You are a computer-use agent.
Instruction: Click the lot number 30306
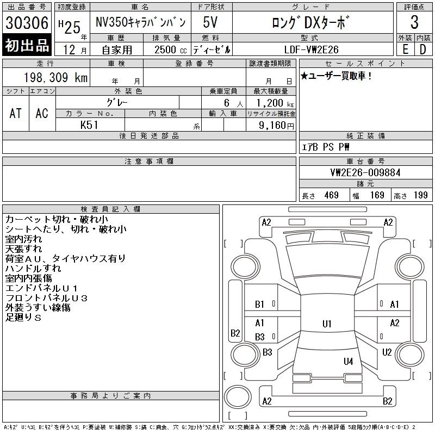coord(27,23)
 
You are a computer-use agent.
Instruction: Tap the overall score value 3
coord(414,22)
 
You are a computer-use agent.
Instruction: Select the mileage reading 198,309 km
coord(55,77)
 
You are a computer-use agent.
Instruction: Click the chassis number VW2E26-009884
coord(365,172)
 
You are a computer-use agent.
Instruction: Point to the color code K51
coord(89,125)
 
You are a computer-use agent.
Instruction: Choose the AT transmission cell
coord(16,113)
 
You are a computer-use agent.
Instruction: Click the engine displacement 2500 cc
coord(171,49)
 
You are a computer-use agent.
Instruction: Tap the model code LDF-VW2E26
coord(311,49)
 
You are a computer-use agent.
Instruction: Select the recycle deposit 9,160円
coord(276,125)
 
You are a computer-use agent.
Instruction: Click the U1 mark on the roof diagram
coord(327,324)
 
